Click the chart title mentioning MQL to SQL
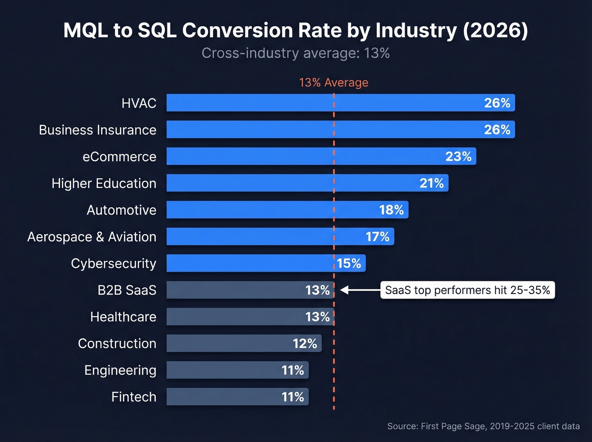click(x=296, y=30)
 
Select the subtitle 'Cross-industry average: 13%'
click(x=296, y=53)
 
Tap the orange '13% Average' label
click(x=333, y=82)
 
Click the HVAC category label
click(x=139, y=103)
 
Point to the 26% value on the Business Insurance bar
click(x=497, y=130)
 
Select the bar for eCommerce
click(x=296, y=156)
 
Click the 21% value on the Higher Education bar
click(x=431, y=183)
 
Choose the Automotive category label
click(x=121, y=210)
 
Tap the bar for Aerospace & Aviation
click(x=262, y=237)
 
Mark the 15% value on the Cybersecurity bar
click(x=349, y=264)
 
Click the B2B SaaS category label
click(x=127, y=290)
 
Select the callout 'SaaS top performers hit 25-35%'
click(x=467, y=290)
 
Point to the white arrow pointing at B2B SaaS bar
click(x=359, y=290)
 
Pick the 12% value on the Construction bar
click(x=304, y=343)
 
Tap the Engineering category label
click(x=120, y=370)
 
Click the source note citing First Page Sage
click(x=483, y=426)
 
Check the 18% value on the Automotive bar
click(x=391, y=210)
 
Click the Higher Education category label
click(x=104, y=184)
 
